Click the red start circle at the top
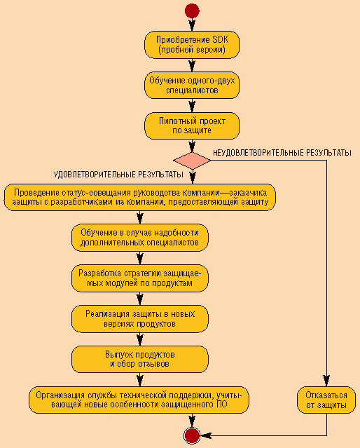(192, 11)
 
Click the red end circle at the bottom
(192, 435)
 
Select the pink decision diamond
(192, 161)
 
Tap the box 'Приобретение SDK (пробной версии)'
(192, 45)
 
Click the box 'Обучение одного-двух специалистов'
(192, 85)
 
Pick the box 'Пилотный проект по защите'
(192, 125)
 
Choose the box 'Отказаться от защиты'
(326, 400)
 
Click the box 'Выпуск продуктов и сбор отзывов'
(140, 359)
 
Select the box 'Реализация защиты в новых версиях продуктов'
(140, 319)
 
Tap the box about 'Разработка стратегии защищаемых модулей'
(140, 278)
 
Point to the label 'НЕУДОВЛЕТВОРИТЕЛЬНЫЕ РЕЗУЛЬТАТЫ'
(282, 153)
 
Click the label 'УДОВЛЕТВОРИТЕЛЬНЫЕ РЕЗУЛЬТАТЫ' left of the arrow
(118, 175)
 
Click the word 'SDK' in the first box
(221, 39)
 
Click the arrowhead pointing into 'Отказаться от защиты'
(326, 381)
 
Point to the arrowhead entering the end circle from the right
(206, 435)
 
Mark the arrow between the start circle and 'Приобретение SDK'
(192, 25)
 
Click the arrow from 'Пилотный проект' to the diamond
(192, 146)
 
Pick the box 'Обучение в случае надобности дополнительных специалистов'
(140, 238)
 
